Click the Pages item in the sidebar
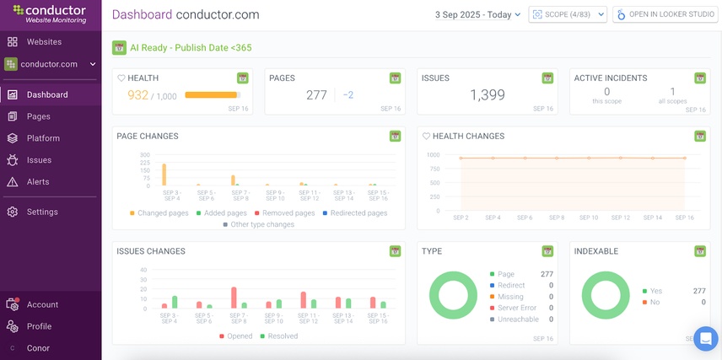pyautogui.click(x=38, y=116)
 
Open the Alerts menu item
pyautogui.click(x=38, y=181)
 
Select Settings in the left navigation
pyautogui.click(x=41, y=212)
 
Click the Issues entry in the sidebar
pyautogui.click(x=39, y=160)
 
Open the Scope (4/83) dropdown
pyautogui.click(x=567, y=14)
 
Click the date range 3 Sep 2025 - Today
pyautogui.click(x=477, y=14)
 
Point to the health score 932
pyautogui.click(x=137, y=95)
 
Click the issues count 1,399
pyautogui.click(x=487, y=95)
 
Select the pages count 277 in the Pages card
pyautogui.click(x=316, y=95)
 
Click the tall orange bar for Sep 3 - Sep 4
pyautogui.click(x=164, y=175)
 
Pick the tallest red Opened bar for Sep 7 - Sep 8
pyautogui.click(x=234, y=298)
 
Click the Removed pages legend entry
pyautogui.click(x=288, y=213)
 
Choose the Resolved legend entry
pyautogui.click(x=283, y=336)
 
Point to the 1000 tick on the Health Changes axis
pyautogui.click(x=433, y=155)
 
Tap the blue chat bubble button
pyautogui.click(x=704, y=337)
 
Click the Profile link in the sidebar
pyautogui.click(x=39, y=326)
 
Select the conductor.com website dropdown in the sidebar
pyautogui.click(x=51, y=63)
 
